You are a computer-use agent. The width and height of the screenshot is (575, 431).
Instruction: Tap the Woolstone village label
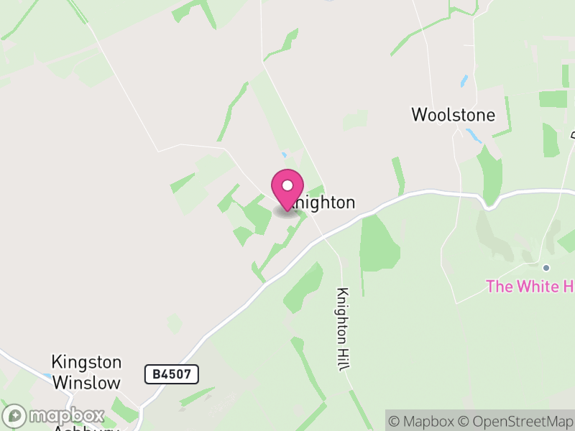tap(453, 115)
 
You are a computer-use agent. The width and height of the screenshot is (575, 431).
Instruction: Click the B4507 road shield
tap(171, 374)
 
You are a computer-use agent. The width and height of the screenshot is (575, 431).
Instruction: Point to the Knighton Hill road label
tap(342, 329)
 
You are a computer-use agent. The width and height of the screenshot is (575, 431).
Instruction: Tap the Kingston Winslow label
tap(86, 372)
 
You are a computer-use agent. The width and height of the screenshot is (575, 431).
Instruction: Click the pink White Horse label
tap(530, 287)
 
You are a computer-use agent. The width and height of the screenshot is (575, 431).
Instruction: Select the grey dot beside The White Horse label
tap(546, 268)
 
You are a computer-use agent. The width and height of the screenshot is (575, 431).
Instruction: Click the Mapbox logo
tap(54, 416)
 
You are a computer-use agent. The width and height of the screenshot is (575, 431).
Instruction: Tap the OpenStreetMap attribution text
tap(515, 421)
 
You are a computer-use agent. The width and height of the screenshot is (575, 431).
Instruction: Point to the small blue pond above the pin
tap(285, 154)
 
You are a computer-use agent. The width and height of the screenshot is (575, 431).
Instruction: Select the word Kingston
tap(86, 362)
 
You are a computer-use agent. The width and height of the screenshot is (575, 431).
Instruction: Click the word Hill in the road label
tap(342, 359)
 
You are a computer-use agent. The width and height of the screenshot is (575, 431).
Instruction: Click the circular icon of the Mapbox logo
tap(15, 416)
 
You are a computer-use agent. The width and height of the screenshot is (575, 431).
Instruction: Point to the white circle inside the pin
tap(287, 185)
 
